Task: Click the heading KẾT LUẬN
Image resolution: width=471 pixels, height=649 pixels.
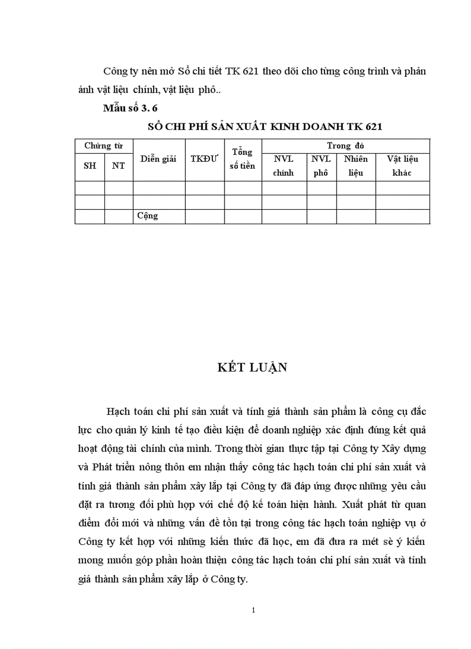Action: [x=252, y=368]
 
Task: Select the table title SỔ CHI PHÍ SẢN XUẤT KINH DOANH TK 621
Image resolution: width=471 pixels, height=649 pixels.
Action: [x=265, y=127]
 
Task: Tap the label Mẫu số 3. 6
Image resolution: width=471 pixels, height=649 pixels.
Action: [x=130, y=108]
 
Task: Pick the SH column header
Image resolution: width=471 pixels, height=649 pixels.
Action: [x=90, y=165]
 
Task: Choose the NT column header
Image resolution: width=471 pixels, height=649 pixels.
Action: [x=118, y=165]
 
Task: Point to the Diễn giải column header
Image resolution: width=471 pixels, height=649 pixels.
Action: [x=158, y=159]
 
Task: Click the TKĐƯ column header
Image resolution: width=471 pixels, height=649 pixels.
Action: [x=204, y=159]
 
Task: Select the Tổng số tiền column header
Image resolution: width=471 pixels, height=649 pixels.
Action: [x=242, y=159]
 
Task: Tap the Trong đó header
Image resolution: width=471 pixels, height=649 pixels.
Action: [x=345, y=146]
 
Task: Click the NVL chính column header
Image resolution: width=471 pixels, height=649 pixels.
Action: [x=283, y=165]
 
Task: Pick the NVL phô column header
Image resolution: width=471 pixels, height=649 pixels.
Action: [x=321, y=165]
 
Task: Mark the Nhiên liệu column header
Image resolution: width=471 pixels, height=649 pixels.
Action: [x=356, y=165]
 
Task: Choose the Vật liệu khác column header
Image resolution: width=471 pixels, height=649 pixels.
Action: [x=402, y=165]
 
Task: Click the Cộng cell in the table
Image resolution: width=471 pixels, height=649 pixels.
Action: [x=148, y=216]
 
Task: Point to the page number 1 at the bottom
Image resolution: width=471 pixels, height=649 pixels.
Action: [x=253, y=610]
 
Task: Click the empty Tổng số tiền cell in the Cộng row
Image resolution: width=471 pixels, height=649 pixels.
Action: [x=242, y=216]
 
